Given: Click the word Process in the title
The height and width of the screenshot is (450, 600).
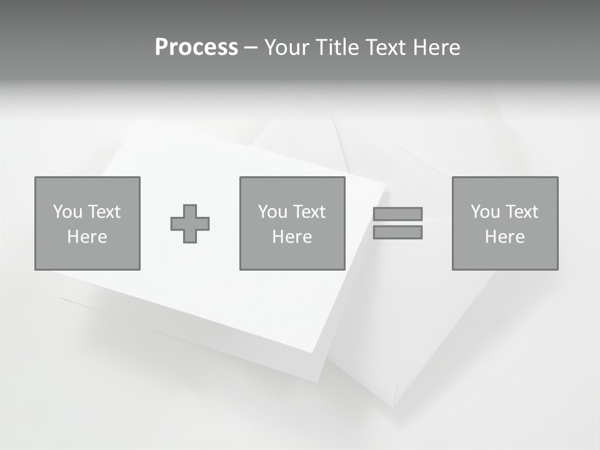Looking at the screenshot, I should [196, 47].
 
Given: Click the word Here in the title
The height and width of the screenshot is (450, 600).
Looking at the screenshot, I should [438, 47].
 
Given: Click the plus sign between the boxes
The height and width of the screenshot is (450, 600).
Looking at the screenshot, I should [190, 224].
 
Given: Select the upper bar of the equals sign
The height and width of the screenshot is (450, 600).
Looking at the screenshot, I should [397, 214].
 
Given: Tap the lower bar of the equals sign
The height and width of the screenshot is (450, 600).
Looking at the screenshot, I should [397, 232].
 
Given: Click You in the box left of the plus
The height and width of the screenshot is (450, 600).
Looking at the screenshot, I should [67, 212].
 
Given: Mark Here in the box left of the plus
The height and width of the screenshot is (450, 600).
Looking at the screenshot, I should [87, 237].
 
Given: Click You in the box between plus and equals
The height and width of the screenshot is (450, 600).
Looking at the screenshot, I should [272, 212].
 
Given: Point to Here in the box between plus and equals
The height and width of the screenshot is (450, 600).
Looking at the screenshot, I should [292, 237].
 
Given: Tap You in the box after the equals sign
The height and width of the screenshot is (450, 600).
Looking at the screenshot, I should [485, 212].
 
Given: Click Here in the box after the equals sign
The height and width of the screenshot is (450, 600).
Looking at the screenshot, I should [504, 237].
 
